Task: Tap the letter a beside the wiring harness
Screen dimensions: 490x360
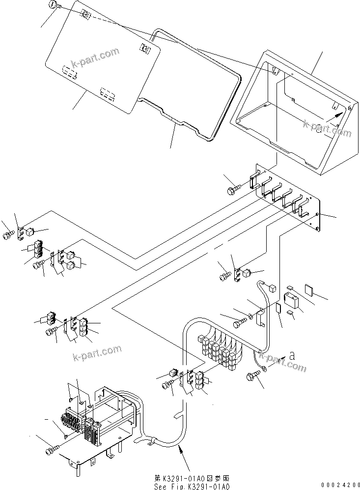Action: (x=293, y=354)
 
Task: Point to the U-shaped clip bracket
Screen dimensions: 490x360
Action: (x=261, y=317)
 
